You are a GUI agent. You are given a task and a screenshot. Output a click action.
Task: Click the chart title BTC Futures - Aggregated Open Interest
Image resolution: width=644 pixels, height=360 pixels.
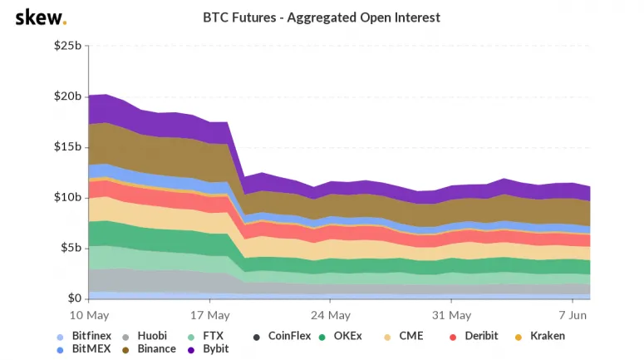point(322,17)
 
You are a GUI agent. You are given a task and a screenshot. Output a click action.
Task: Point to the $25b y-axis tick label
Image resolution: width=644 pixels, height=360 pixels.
point(68,46)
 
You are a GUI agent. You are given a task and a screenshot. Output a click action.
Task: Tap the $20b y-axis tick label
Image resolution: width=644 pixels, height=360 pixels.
point(68,96)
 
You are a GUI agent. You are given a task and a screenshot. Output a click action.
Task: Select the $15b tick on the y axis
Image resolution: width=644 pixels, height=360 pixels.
point(68,147)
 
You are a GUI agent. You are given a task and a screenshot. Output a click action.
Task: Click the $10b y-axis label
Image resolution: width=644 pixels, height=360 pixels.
point(68,198)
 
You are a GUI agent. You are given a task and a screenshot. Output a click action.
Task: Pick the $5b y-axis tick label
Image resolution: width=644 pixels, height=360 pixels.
point(71,248)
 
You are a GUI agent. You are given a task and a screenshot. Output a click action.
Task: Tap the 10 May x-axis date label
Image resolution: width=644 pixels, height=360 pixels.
point(90,316)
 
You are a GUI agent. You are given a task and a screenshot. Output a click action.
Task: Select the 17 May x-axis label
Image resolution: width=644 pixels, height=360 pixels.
point(210,316)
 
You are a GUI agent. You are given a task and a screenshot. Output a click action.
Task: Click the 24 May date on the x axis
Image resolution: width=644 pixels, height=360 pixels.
point(330,316)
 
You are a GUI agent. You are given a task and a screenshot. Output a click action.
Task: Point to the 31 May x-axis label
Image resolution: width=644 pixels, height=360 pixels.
point(450,316)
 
